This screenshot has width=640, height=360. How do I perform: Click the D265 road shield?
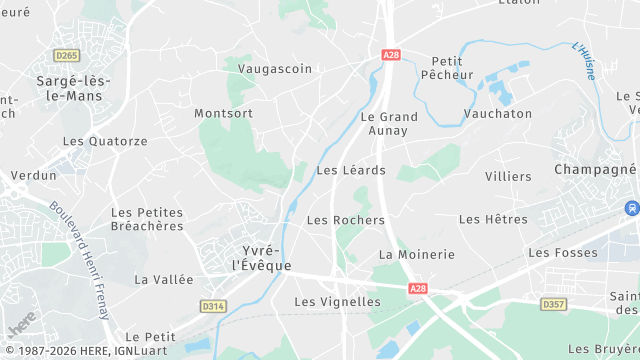tap(67, 55)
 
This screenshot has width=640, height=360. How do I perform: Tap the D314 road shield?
tap(213, 306)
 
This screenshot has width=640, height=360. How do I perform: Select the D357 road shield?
tap(553, 303)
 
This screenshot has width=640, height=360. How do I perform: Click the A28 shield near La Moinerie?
tap(419, 288)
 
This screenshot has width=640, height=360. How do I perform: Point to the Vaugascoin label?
tap(275, 69)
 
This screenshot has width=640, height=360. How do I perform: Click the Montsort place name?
tap(223, 113)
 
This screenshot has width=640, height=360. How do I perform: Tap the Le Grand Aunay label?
tap(389, 124)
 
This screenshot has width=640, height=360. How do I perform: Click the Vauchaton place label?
tap(498, 114)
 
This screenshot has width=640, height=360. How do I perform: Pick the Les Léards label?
tap(343, 170)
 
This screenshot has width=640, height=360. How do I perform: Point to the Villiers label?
tap(508, 176)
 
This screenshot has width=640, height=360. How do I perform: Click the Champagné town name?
tap(595, 169)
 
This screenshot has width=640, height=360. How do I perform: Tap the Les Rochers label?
tap(345, 220)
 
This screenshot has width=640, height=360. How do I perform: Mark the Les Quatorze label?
tap(104, 141)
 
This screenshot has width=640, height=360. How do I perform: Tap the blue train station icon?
tap(631, 208)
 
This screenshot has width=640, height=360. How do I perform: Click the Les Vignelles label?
tap(337, 301)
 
